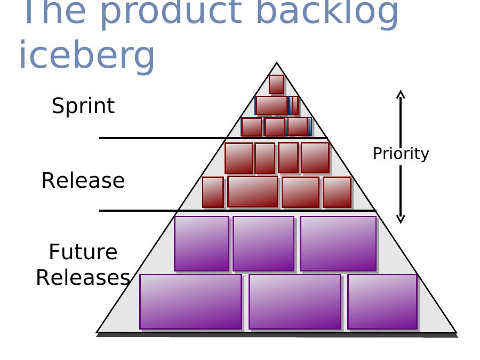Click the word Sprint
(83, 106)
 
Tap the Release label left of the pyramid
(83, 180)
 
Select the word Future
(83, 252)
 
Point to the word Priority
(401, 154)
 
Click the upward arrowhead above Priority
(401, 94)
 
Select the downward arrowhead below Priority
(401, 219)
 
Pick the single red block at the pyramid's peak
(276, 84)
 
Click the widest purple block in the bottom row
(191, 302)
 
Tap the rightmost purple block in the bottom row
(382, 302)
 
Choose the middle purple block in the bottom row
(295, 302)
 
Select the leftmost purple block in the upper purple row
(202, 244)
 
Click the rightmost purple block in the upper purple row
(338, 244)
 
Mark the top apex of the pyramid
(276, 63)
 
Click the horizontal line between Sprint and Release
(213, 138)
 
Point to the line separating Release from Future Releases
(237, 211)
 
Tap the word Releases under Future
(83, 277)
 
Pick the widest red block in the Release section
(253, 192)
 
